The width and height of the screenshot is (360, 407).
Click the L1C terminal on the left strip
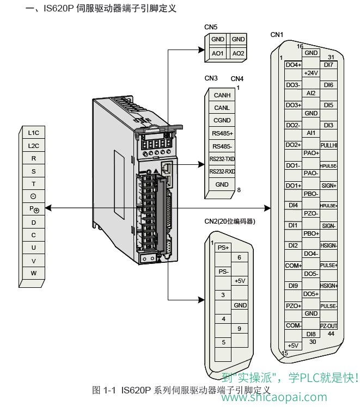tap(33, 133)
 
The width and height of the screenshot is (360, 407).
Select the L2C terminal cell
tap(33, 146)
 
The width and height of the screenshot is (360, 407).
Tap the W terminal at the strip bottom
tap(33, 273)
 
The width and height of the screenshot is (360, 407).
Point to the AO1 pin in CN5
tap(218, 53)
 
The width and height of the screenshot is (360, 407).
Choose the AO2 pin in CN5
tap(238, 53)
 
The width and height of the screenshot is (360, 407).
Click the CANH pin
tap(222, 95)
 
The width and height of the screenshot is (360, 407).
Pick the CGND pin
tap(222, 120)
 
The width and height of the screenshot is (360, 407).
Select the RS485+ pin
tap(222, 133)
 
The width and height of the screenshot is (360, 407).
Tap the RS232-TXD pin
tap(222, 159)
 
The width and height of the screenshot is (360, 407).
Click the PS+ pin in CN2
tap(223, 248)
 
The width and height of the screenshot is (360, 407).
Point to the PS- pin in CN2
tap(223, 271)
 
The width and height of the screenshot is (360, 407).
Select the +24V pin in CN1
tap(311, 73)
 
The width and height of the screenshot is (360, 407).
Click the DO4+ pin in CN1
tap(294, 65)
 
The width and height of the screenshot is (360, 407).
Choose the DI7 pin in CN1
tap(328, 65)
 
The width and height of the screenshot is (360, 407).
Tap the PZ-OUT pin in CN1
tap(328, 326)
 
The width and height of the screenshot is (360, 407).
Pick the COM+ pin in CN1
tap(294, 266)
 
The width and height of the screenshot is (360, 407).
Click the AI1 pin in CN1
tap(311, 133)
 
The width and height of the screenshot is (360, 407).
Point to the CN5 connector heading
tap(211, 27)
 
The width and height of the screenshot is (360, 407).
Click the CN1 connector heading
tap(277, 35)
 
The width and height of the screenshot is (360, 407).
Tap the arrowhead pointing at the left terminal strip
tap(48, 208)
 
